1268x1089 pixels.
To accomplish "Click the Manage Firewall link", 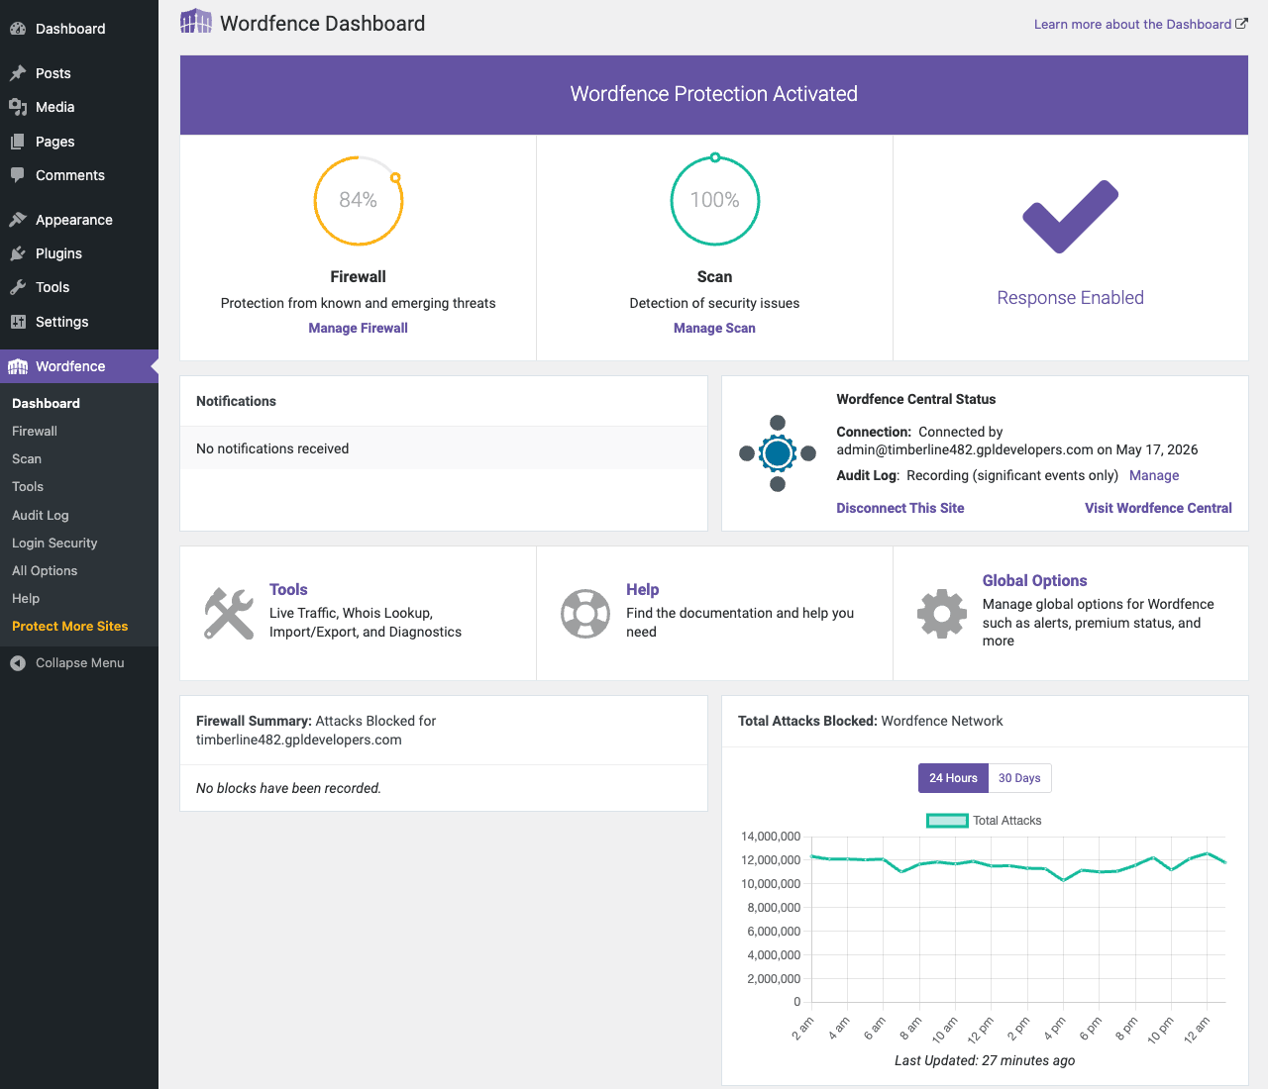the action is [x=358, y=328].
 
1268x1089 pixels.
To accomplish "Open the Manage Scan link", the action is [x=714, y=328].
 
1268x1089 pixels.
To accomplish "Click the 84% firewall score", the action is [x=358, y=200].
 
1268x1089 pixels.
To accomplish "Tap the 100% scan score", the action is [x=714, y=200].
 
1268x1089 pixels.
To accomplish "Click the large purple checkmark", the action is [x=1070, y=217].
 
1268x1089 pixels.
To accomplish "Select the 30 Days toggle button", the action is [x=1019, y=778].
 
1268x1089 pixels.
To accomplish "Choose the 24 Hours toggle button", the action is [x=953, y=778].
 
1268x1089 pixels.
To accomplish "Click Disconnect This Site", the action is [x=899, y=508].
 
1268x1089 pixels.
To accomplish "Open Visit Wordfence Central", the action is [x=1158, y=508].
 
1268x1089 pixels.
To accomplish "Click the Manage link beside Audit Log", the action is [x=1154, y=475].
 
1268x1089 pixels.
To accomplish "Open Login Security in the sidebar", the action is [x=54, y=543].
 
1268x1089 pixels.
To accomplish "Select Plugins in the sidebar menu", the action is [x=58, y=253].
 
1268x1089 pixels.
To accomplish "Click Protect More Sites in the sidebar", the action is [x=70, y=626].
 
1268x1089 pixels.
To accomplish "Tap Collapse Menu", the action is [x=79, y=663].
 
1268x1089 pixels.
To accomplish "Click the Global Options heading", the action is [x=1034, y=581].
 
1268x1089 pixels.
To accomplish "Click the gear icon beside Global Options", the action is [x=942, y=614].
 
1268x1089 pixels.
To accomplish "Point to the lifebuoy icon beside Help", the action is [x=585, y=614].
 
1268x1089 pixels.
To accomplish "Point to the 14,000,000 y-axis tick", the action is [x=771, y=837].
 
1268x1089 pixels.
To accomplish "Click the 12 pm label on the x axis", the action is [x=981, y=1029].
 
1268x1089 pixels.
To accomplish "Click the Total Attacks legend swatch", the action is [x=947, y=821].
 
